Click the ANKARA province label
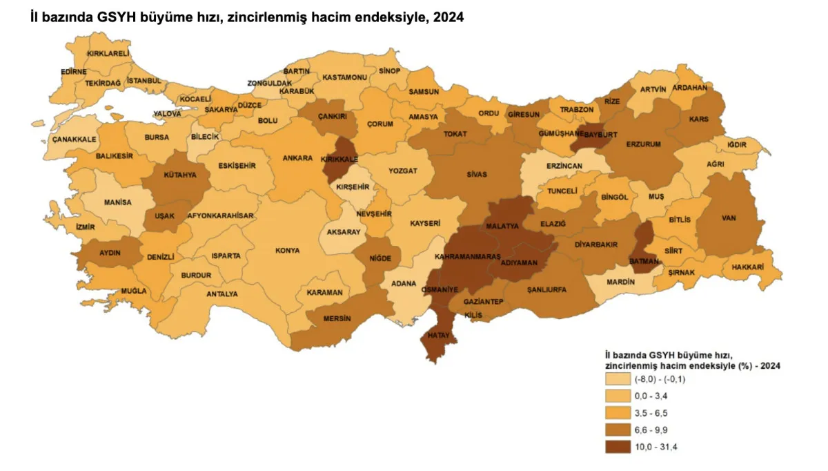click(298, 157)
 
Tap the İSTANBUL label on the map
click(145, 81)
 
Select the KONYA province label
click(288, 251)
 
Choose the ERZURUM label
click(644, 144)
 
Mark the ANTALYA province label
click(222, 294)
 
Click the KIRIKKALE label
click(339, 159)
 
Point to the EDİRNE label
click(73, 71)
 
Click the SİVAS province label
click(476, 174)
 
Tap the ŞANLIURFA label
click(546, 289)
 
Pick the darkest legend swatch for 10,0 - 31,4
click(618, 447)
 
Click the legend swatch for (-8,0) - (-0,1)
click(618, 379)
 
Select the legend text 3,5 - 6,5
click(651, 413)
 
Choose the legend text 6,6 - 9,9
click(651, 430)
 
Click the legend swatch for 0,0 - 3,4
click(618, 396)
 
